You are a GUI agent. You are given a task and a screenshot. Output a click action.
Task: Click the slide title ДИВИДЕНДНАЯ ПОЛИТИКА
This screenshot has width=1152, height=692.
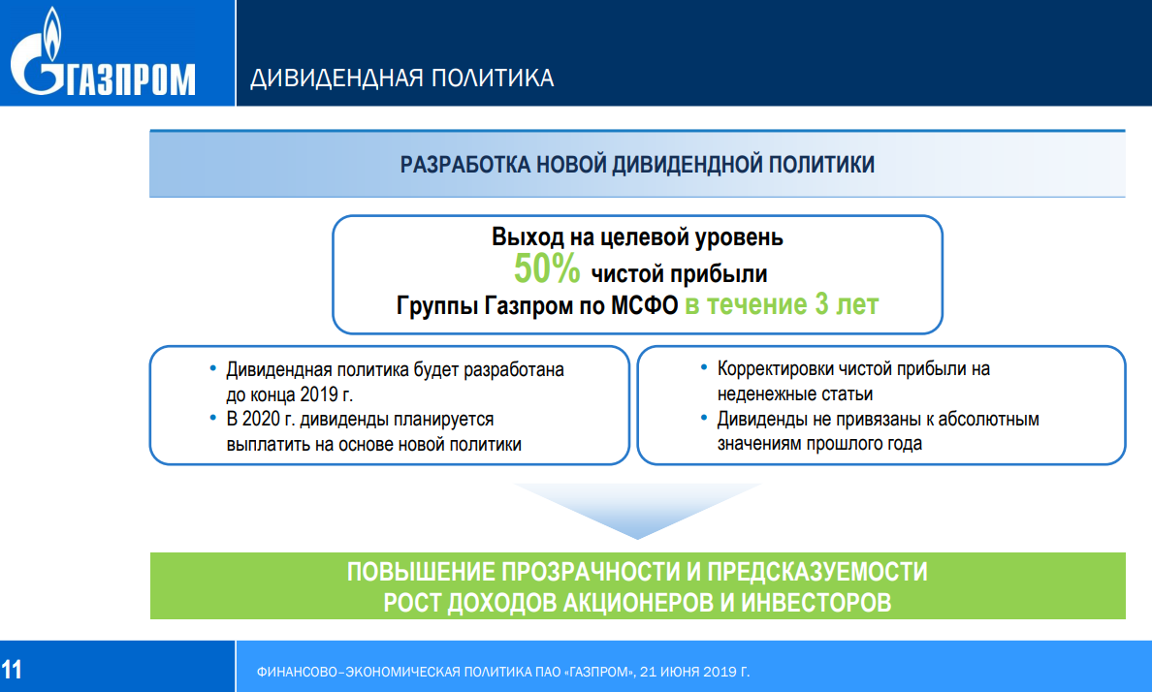click(401, 78)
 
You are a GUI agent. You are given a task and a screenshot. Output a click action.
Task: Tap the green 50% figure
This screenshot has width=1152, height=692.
click(547, 268)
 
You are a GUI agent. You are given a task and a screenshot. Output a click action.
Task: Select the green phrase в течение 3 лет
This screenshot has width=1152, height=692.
click(782, 304)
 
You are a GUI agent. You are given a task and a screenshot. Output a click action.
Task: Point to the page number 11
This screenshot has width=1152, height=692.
click(12, 670)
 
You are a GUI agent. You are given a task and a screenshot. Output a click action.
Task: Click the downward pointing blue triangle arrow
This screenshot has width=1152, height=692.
click(637, 511)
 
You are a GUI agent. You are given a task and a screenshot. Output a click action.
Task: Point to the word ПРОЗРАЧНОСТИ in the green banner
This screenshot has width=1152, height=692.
click(592, 572)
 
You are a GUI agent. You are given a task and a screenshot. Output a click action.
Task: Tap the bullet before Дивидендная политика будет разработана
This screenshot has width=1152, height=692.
click(213, 368)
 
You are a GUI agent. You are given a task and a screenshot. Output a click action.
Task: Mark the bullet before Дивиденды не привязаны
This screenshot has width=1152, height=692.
click(704, 418)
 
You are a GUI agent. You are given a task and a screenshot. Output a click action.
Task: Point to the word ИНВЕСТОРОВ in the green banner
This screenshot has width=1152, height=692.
click(816, 603)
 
